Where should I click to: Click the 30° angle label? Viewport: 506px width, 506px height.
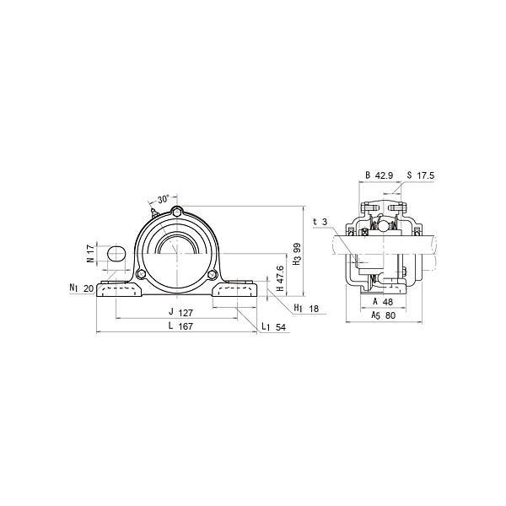click(164, 200)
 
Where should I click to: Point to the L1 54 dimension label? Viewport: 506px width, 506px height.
click(272, 326)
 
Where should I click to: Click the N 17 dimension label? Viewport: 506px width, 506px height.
click(89, 252)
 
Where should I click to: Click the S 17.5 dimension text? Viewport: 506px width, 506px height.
click(420, 175)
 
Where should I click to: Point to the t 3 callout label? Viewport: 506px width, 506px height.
click(320, 222)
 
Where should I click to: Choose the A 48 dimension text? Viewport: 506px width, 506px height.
click(383, 300)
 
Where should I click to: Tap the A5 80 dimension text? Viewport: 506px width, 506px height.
click(384, 315)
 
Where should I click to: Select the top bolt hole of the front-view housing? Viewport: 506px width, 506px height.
click(177, 211)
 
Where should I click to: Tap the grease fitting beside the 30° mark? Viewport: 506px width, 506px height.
click(154, 211)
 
